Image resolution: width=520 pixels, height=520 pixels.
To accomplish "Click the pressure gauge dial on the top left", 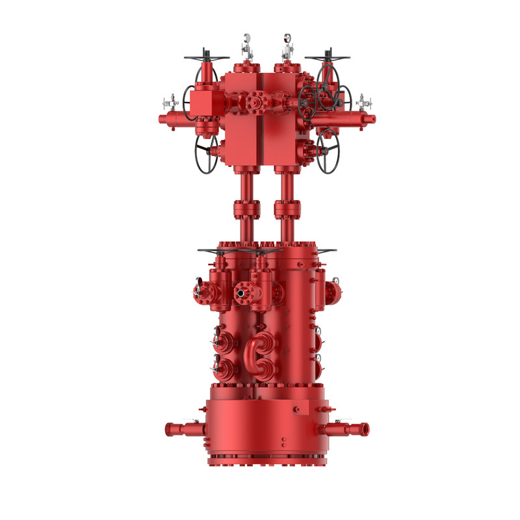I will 248,40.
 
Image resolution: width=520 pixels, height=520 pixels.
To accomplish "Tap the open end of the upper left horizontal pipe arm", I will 161,119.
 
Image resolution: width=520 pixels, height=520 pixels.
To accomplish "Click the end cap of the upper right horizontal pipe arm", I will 372,118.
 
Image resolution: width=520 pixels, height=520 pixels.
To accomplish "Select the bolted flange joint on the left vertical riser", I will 246,209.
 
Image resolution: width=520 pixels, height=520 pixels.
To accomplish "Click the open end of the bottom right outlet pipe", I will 365,428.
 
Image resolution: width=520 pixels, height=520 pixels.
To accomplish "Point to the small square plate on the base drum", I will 300,408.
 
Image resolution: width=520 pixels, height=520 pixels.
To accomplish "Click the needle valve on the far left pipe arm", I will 170,103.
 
